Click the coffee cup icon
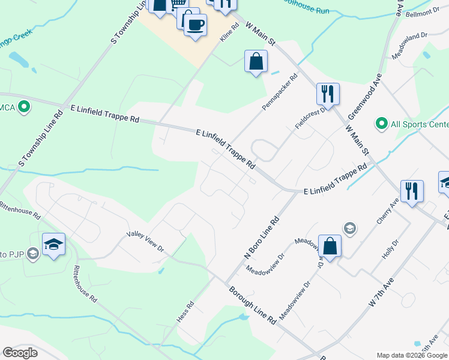[195, 25]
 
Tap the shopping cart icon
[178, 6]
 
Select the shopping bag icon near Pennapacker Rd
[256, 61]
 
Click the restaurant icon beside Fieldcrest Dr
[328, 94]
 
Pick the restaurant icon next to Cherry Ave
[412, 191]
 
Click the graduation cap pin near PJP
[53, 245]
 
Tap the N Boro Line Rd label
[262, 238]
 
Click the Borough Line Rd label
[252, 305]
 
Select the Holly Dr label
[390, 249]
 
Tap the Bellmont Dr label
[423, 13]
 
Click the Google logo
[20, 353]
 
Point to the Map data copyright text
[412, 355]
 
